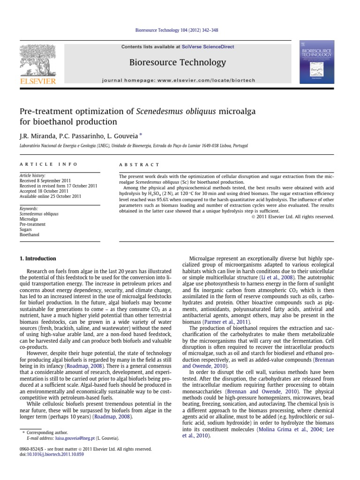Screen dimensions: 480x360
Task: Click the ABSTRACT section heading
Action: click(x=140, y=165)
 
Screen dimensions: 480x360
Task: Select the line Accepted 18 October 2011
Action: click(x=44, y=191)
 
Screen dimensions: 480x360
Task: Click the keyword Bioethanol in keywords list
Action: click(x=29, y=234)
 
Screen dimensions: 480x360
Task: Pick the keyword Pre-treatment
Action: click(x=33, y=224)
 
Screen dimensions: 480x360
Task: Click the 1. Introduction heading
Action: click(x=37, y=259)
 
